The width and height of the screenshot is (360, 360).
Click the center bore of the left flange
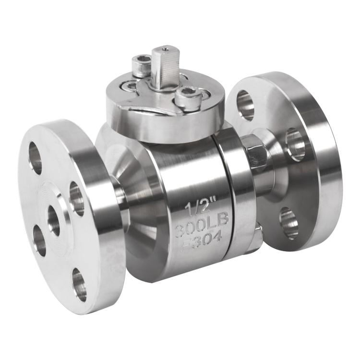(x=54, y=220)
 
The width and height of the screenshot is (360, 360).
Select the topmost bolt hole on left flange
(x=36, y=157)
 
